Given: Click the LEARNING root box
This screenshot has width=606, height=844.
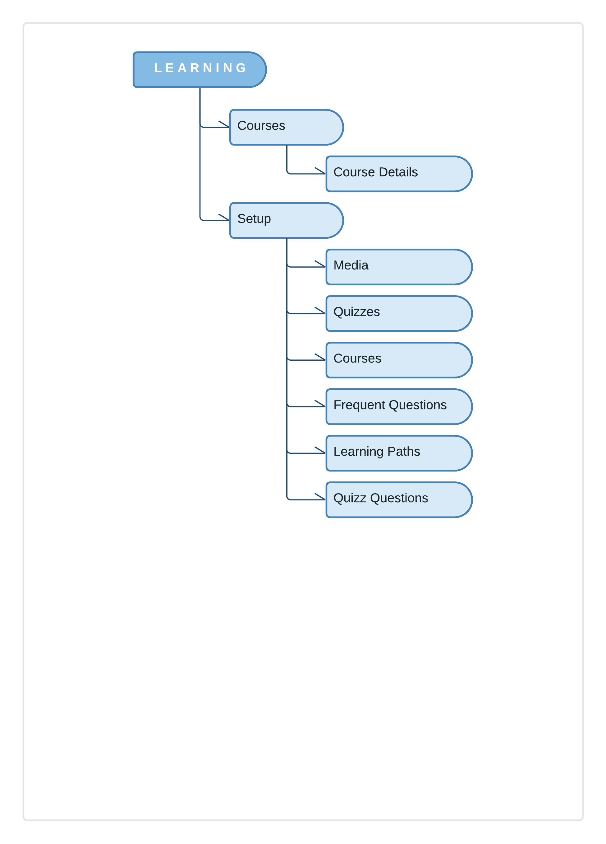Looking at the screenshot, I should [x=200, y=70].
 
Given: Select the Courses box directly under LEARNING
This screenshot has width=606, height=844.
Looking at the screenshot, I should [x=286, y=127].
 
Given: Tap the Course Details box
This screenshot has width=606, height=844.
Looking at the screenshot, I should [x=398, y=174].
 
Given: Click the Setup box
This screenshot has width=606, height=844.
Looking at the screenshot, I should [x=286, y=220].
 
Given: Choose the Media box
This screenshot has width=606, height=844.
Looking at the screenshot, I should [x=398, y=267].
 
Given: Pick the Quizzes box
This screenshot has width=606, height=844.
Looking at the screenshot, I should [x=398, y=313].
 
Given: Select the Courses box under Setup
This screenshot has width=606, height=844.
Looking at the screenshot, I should [x=398, y=360].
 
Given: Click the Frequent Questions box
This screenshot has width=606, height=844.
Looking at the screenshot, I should [x=398, y=406].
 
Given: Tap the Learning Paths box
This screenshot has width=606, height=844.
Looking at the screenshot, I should [x=398, y=453].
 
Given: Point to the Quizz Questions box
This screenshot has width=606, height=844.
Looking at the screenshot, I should [x=398, y=499].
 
